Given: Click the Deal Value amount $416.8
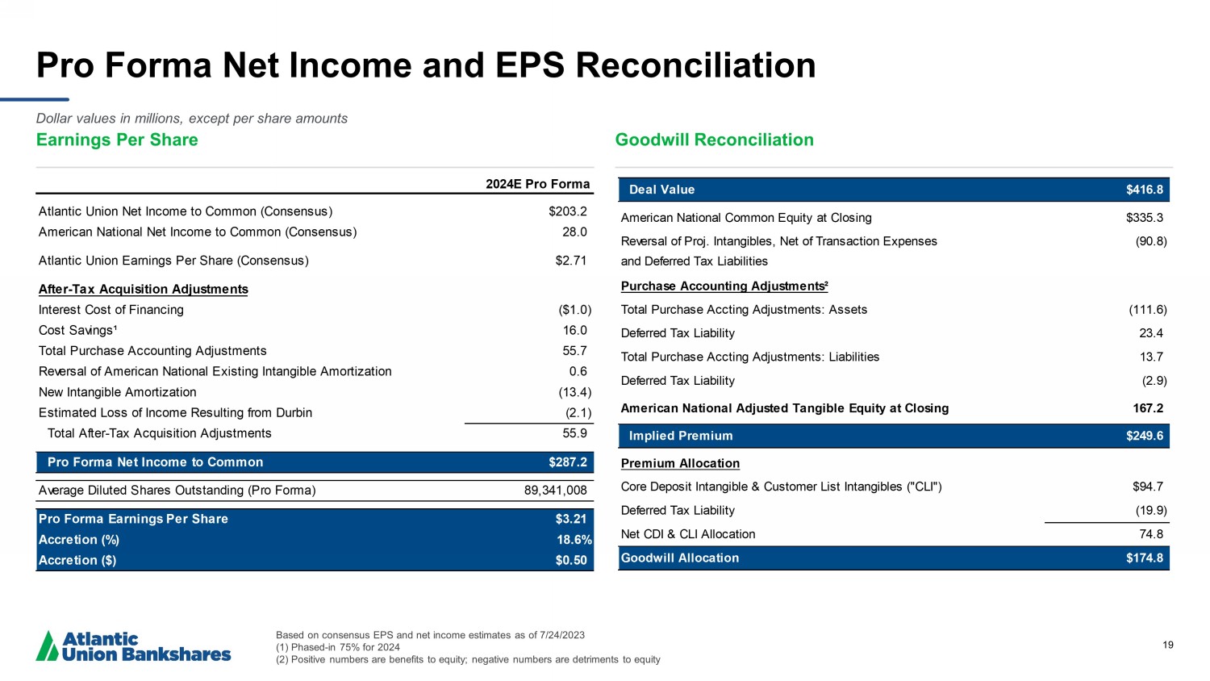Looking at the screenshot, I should [x=1144, y=190].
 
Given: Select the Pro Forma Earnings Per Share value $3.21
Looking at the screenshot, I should [x=570, y=519].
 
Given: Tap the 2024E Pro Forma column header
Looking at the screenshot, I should [x=537, y=184].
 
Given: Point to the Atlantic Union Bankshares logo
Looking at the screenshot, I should [x=134, y=646].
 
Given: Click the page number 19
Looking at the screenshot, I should [x=1168, y=645].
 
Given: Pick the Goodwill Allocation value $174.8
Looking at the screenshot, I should [x=1144, y=558].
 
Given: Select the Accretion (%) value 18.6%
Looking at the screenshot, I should [x=574, y=540].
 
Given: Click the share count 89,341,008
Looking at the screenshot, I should [x=556, y=490].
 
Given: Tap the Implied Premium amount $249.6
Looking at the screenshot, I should [x=1144, y=436].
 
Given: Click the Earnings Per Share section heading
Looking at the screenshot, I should [x=117, y=140].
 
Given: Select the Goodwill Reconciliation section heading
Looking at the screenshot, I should [x=714, y=140].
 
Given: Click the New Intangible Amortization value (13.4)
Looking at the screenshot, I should [x=575, y=392].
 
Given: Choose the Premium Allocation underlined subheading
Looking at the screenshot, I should [x=680, y=463].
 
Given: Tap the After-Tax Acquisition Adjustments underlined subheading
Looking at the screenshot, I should [x=143, y=289].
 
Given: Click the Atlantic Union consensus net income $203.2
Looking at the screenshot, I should [x=567, y=211].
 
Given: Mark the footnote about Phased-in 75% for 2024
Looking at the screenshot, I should [x=337, y=647].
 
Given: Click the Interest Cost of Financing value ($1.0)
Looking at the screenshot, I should [x=575, y=310].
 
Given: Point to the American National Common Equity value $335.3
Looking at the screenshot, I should [x=1144, y=218].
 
